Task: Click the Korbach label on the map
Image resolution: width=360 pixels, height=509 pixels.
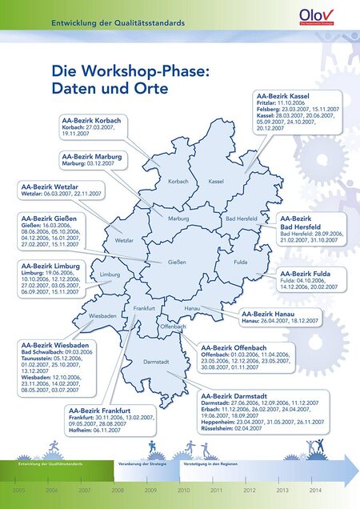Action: pos(178,182)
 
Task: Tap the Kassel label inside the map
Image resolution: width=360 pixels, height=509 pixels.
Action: pos(216,182)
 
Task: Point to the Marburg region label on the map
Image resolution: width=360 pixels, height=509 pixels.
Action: pos(178,218)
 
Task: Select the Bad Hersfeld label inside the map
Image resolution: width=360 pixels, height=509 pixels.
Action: pos(241,218)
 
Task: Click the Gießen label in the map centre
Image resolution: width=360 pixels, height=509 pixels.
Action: pos(178,263)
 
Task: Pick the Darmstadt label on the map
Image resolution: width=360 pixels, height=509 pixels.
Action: pos(156,363)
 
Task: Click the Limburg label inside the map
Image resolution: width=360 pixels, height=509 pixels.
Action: pos(110,275)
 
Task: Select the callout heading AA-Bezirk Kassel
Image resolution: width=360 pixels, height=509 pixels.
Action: pos(282,95)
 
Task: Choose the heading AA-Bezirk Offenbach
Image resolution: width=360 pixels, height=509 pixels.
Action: pos(234,348)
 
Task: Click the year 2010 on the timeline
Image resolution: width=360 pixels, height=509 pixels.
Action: pos(183,489)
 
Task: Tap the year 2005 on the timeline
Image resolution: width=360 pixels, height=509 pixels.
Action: pos(19,489)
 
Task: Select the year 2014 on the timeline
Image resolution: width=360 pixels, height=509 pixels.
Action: pos(315,489)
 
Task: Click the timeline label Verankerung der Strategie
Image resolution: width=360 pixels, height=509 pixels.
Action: pos(142,463)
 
